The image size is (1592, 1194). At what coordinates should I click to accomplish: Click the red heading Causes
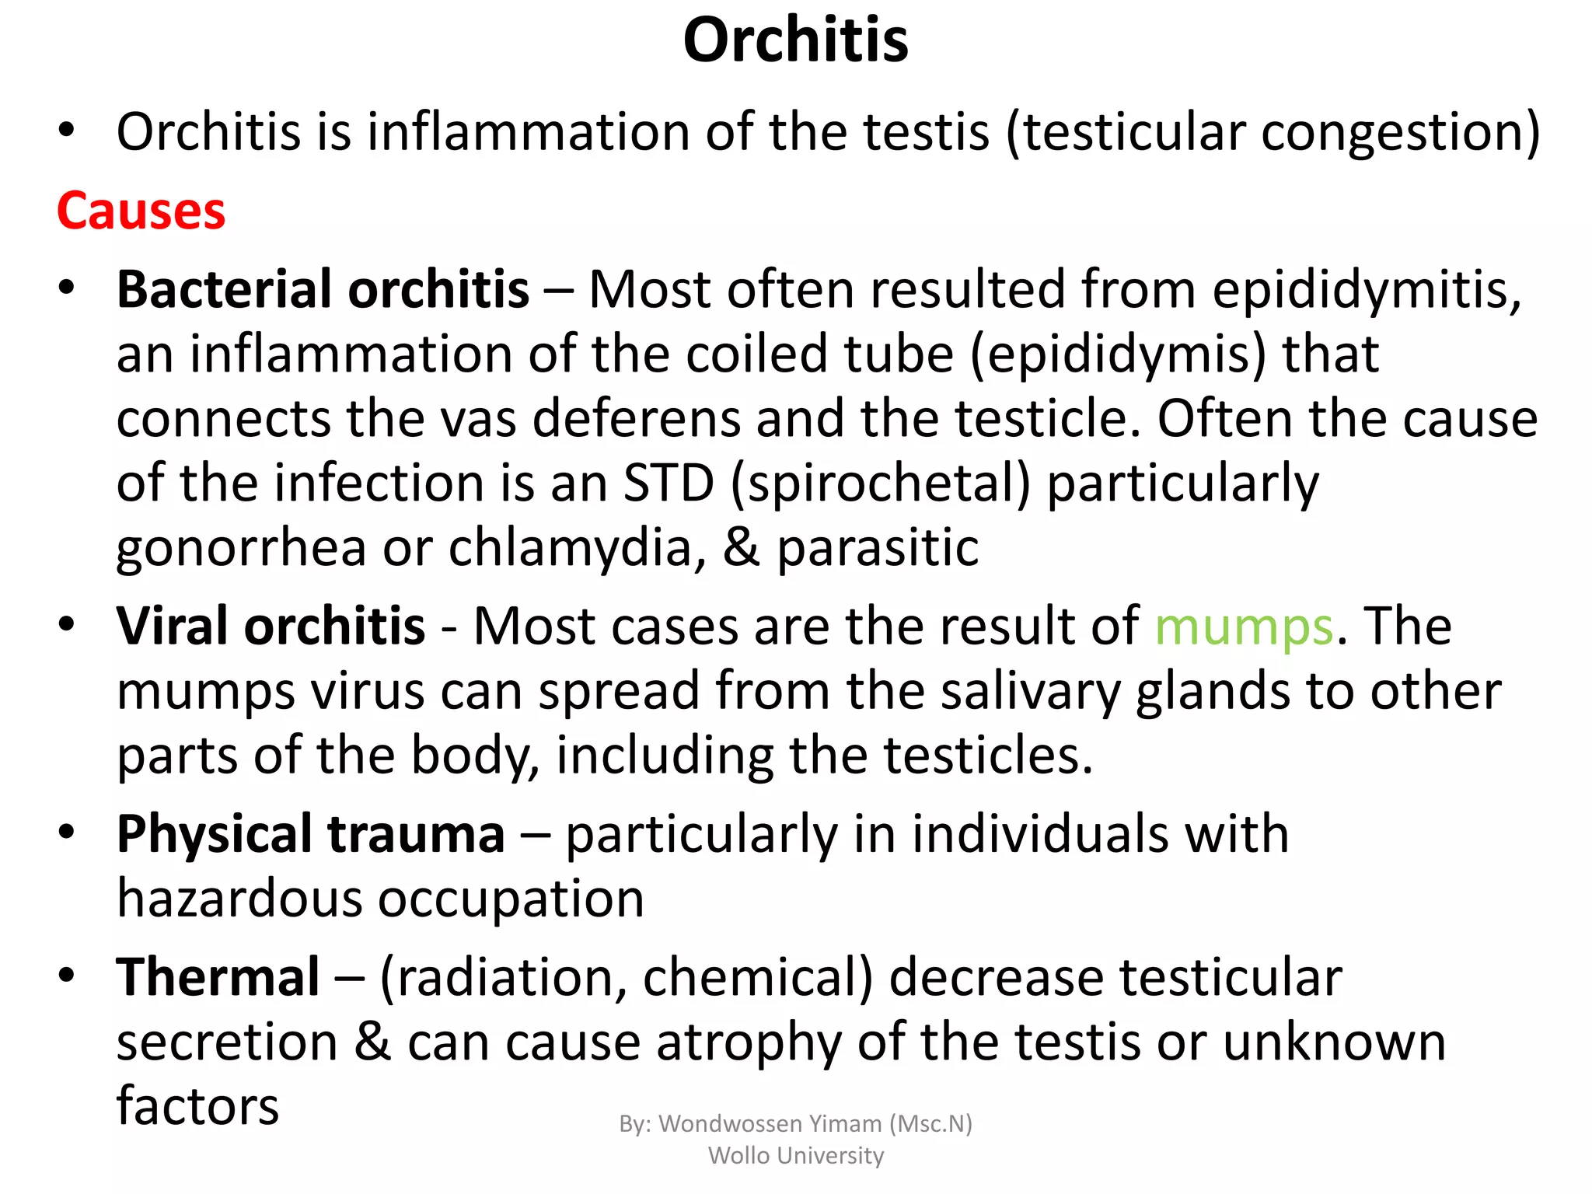(x=141, y=211)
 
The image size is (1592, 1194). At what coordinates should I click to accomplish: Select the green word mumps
(x=1244, y=627)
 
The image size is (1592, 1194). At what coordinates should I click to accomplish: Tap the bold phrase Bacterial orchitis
(x=323, y=290)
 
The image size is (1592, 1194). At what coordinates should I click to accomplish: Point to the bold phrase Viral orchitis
(x=271, y=627)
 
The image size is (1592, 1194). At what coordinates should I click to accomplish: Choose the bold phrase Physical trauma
(x=310, y=834)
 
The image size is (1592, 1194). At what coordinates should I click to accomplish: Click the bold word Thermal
(x=218, y=977)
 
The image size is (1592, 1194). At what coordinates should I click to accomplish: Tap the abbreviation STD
(x=669, y=484)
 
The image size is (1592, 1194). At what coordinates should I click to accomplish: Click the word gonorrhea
(x=241, y=548)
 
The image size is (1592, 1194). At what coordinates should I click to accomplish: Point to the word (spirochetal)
(x=881, y=484)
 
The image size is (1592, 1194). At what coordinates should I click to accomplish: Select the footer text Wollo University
(x=795, y=1156)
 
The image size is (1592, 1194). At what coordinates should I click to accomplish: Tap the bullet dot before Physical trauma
(x=67, y=833)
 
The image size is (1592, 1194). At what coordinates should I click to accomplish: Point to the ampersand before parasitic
(x=741, y=548)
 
